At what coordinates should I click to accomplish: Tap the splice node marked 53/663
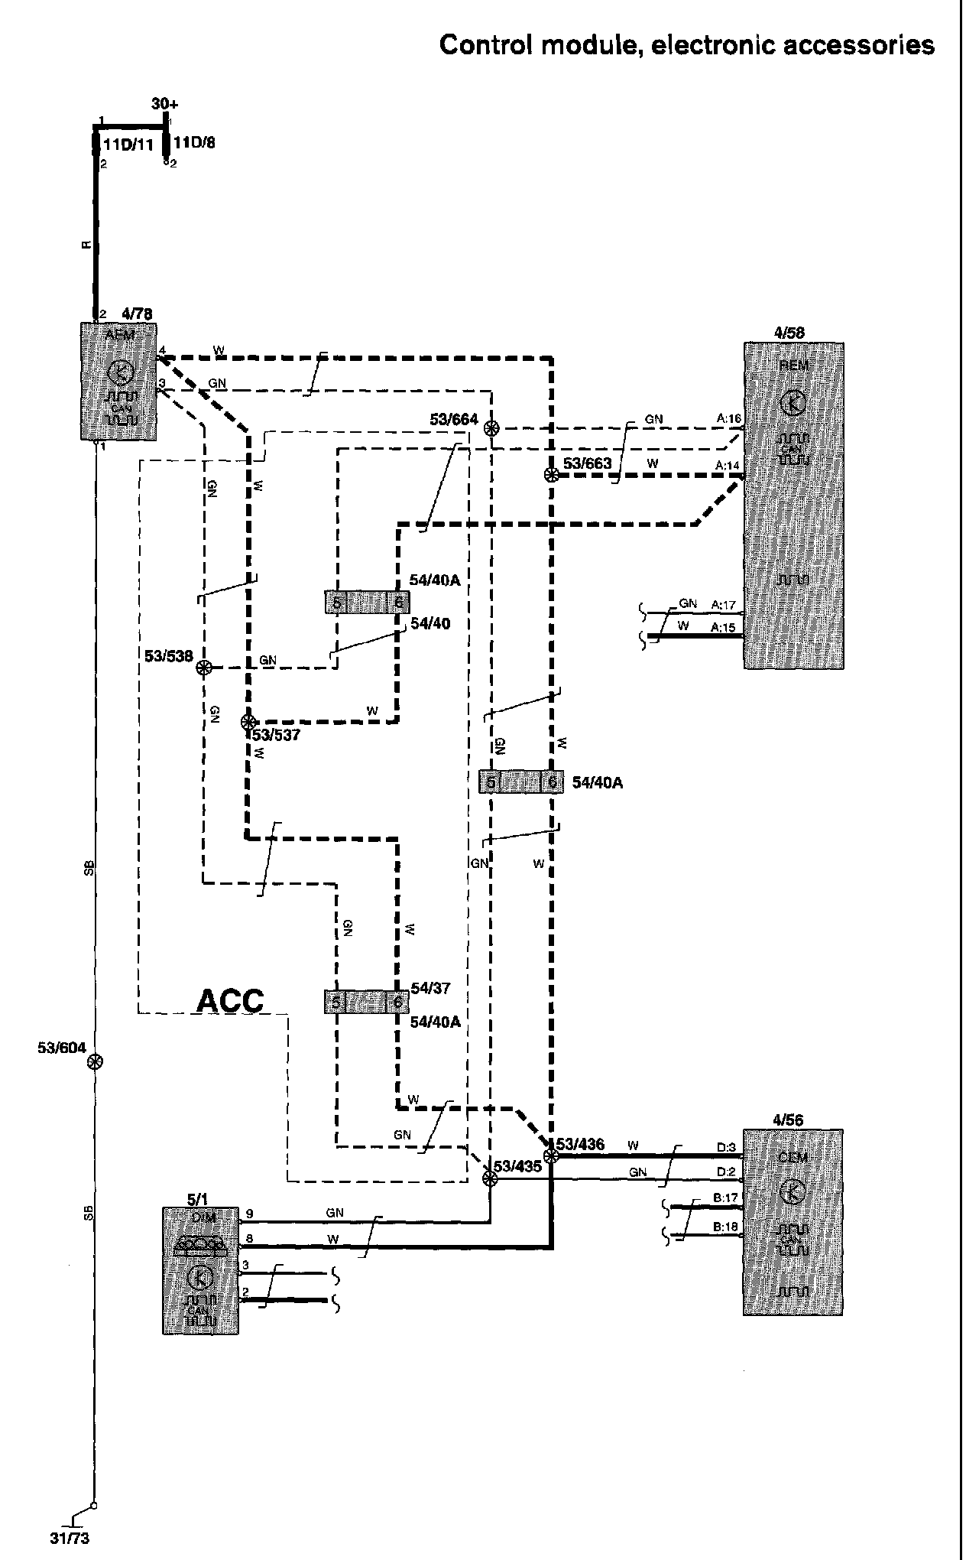click(x=550, y=475)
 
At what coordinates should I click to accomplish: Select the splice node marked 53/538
click(x=203, y=668)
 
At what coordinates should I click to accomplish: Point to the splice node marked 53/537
click(x=248, y=721)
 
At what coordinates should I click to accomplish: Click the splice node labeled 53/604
click(x=95, y=1061)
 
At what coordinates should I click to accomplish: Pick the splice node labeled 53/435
click(x=490, y=1179)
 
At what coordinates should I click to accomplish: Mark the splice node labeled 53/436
click(x=550, y=1155)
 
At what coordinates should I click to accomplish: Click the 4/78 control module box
click(x=119, y=381)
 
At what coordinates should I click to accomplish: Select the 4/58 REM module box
click(x=794, y=505)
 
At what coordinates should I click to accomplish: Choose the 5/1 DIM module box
click(x=200, y=1270)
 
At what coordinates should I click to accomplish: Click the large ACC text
click(x=230, y=1000)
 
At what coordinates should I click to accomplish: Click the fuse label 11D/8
click(x=194, y=142)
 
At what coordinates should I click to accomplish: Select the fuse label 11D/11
click(x=128, y=143)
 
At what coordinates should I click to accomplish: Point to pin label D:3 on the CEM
click(x=726, y=1147)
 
